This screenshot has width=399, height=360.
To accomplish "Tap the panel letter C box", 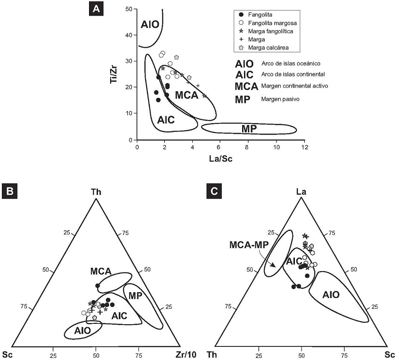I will tap(215, 191).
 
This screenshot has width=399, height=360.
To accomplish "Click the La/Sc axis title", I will tap(220, 159).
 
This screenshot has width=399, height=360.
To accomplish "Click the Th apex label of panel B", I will tap(96, 192).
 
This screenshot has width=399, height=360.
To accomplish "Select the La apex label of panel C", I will tap(301, 192).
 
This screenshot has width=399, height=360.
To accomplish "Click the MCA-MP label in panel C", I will tap(246, 245).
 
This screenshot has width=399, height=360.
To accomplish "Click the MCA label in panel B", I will tap(101, 271).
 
